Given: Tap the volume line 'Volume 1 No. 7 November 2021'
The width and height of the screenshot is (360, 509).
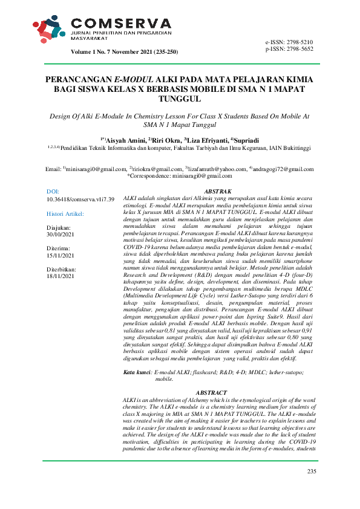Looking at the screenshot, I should [x=125, y=53].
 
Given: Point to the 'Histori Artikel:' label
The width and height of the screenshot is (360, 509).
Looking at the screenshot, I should [x=65, y=214].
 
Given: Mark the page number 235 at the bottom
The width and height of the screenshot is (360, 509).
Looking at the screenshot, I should [x=312, y=472].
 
